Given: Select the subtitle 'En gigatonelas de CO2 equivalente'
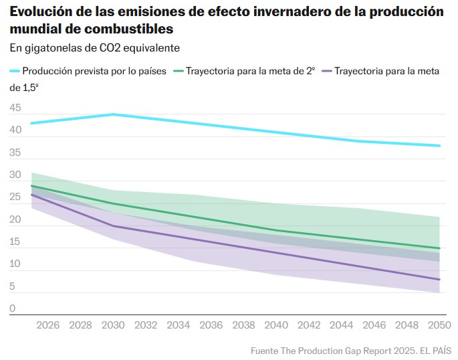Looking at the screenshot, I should point(94,48).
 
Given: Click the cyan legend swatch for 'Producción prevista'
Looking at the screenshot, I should point(15,71).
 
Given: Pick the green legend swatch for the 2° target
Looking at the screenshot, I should point(179,71).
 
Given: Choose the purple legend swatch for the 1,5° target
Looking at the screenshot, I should point(327,71).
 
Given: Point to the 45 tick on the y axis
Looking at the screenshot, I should point(15,108).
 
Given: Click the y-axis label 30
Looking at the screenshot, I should point(15,175).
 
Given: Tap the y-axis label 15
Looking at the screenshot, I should point(15,242).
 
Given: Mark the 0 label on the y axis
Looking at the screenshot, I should point(13,309).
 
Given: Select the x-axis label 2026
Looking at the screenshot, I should point(47,325).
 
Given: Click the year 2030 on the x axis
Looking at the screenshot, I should point(113,325).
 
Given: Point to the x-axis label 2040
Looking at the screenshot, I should point(277,325).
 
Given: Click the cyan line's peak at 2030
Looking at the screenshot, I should point(113,114).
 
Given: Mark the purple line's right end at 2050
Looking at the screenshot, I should point(439,279).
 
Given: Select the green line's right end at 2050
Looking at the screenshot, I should point(439,248).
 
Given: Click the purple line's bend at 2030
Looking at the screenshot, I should point(113,226).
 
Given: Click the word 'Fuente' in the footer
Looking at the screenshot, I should point(265,350).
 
